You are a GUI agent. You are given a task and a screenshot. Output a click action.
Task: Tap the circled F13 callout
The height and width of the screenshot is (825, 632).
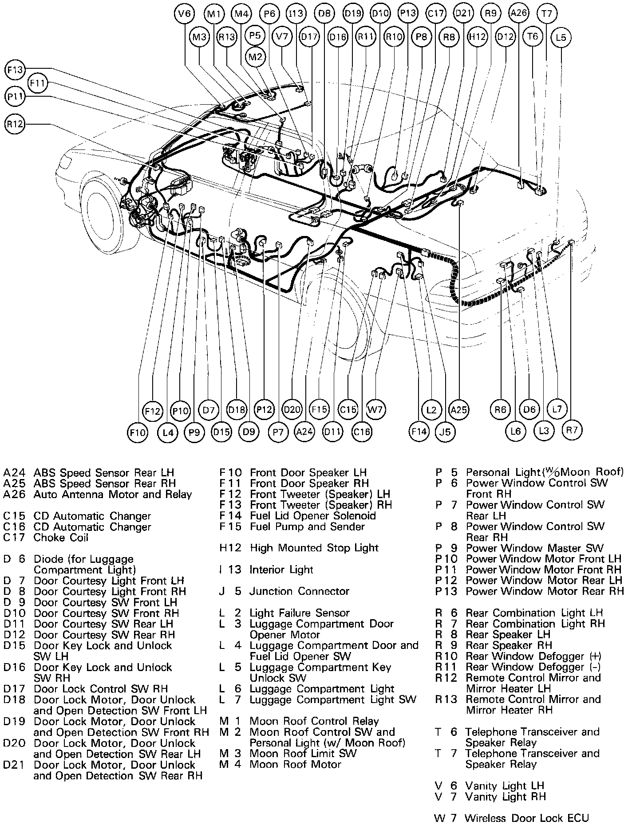tap(16, 70)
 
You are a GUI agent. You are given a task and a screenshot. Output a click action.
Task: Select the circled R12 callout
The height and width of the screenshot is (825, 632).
tap(16, 124)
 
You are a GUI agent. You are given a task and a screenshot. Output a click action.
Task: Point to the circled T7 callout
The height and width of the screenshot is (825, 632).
tap(546, 14)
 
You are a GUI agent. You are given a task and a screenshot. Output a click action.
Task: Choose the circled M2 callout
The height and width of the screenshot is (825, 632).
tap(256, 57)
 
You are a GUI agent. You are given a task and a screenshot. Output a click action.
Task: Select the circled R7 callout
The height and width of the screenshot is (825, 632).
tap(572, 430)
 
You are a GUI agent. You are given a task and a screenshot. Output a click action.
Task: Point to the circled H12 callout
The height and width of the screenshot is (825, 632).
tap(478, 37)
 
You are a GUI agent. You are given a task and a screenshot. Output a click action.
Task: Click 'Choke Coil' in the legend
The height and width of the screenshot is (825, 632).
tap(61, 538)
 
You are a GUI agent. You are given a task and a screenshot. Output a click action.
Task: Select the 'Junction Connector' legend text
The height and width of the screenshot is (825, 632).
tap(299, 591)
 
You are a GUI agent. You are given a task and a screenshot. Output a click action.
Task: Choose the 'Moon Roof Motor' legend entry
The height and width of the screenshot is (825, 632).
tap(295, 764)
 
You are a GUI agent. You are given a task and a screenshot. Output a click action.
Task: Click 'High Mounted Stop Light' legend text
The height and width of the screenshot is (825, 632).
tap(314, 548)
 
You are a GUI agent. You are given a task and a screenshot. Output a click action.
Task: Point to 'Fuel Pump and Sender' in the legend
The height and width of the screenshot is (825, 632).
tap(307, 526)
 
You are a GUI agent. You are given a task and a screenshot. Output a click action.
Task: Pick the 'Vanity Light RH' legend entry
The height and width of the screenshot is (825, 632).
tap(505, 797)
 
